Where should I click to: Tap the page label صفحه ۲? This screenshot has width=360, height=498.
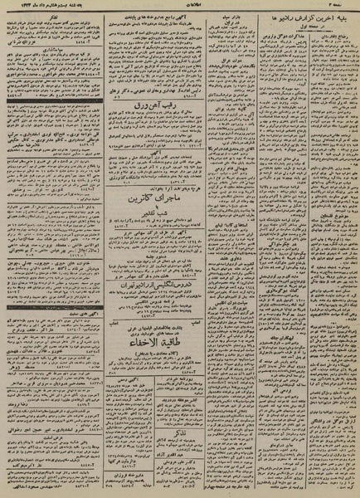click(x=340, y=5)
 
